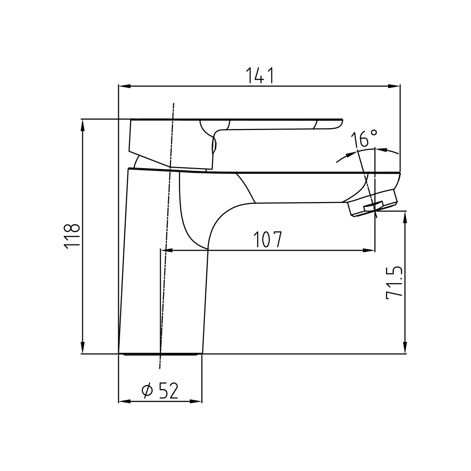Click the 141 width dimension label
(260, 75)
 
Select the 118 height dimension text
(72, 236)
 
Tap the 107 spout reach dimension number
(268, 239)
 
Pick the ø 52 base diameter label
(160, 390)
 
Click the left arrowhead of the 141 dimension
(125, 86)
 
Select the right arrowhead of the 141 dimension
(394, 86)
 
